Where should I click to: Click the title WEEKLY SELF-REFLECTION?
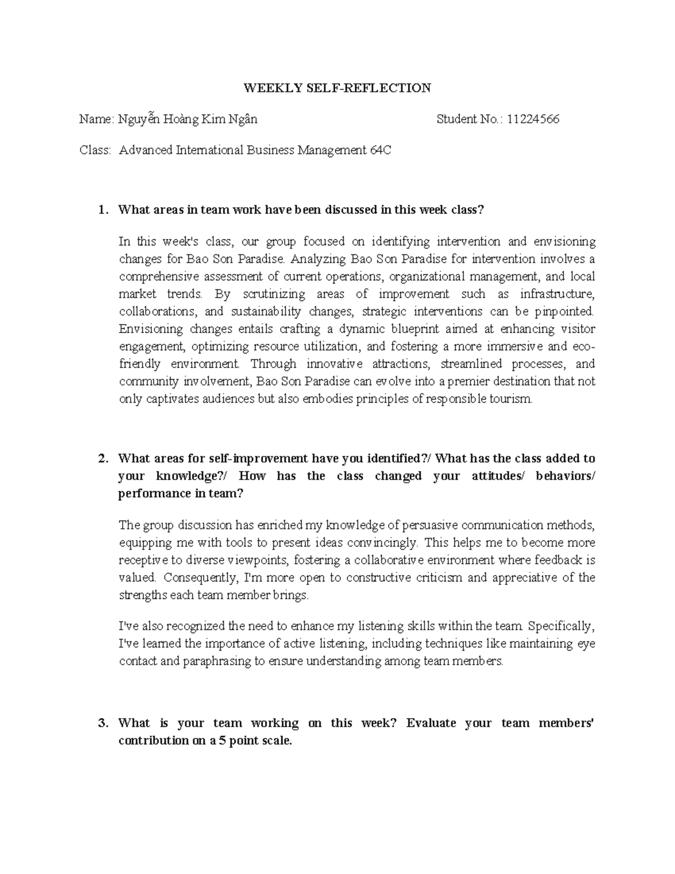pos(336,88)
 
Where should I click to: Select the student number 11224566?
pos(533,119)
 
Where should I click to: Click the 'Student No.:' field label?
pos(470,119)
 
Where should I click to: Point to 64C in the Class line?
pos(380,151)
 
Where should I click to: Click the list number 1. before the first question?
pos(102,210)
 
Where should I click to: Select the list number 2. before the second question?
pos(102,459)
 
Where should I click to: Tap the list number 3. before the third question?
pos(102,723)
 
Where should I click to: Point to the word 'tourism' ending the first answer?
pos(511,399)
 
